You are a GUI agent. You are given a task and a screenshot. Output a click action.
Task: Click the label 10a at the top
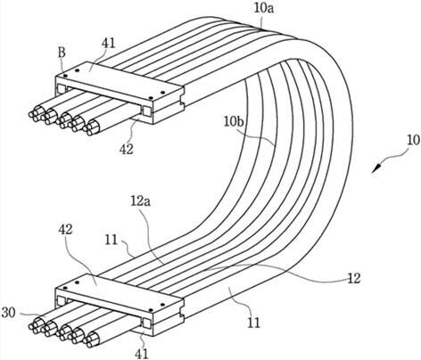(264, 8)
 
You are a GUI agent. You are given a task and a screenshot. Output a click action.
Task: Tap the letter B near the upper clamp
(62, 53)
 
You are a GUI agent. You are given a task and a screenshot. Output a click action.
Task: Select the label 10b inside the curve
(234, 122)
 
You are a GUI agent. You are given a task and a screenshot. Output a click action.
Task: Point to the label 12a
(141, 201)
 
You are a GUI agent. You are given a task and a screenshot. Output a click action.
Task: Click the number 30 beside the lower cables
(8, 313)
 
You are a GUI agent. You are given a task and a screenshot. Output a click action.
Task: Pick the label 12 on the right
(354, 278)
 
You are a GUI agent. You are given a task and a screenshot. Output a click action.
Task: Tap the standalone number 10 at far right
(414, 141)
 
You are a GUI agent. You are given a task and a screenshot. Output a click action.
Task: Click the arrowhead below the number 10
(376, 168)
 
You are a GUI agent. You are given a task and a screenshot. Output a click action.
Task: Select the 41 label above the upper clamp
(109, 44)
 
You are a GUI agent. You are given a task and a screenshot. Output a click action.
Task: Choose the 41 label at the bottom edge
(142, 354)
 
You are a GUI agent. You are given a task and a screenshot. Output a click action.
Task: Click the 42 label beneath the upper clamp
(127, 150)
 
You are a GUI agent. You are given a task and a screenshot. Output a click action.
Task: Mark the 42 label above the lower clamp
(65, 229)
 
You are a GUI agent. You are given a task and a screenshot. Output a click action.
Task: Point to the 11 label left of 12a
(111, 240)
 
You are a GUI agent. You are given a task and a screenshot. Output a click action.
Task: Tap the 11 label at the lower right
(253, 323)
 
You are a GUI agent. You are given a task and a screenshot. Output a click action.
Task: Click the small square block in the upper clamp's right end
(147, 111)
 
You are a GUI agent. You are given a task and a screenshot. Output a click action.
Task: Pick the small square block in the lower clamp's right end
(147, 323)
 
